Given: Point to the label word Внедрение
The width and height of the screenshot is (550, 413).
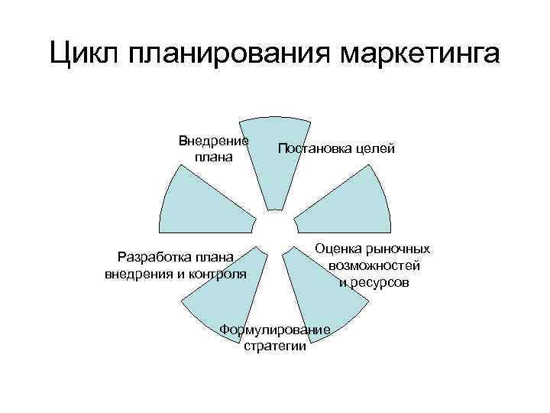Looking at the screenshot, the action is coord(213,141).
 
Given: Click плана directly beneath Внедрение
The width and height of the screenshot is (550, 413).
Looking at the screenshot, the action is coord(213,157).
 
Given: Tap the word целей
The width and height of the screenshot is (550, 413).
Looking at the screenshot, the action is coord(375,148).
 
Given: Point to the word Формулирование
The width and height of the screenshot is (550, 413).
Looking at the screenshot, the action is coord(275,330).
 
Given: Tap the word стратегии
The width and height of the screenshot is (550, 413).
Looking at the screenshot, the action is coord(275,346).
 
